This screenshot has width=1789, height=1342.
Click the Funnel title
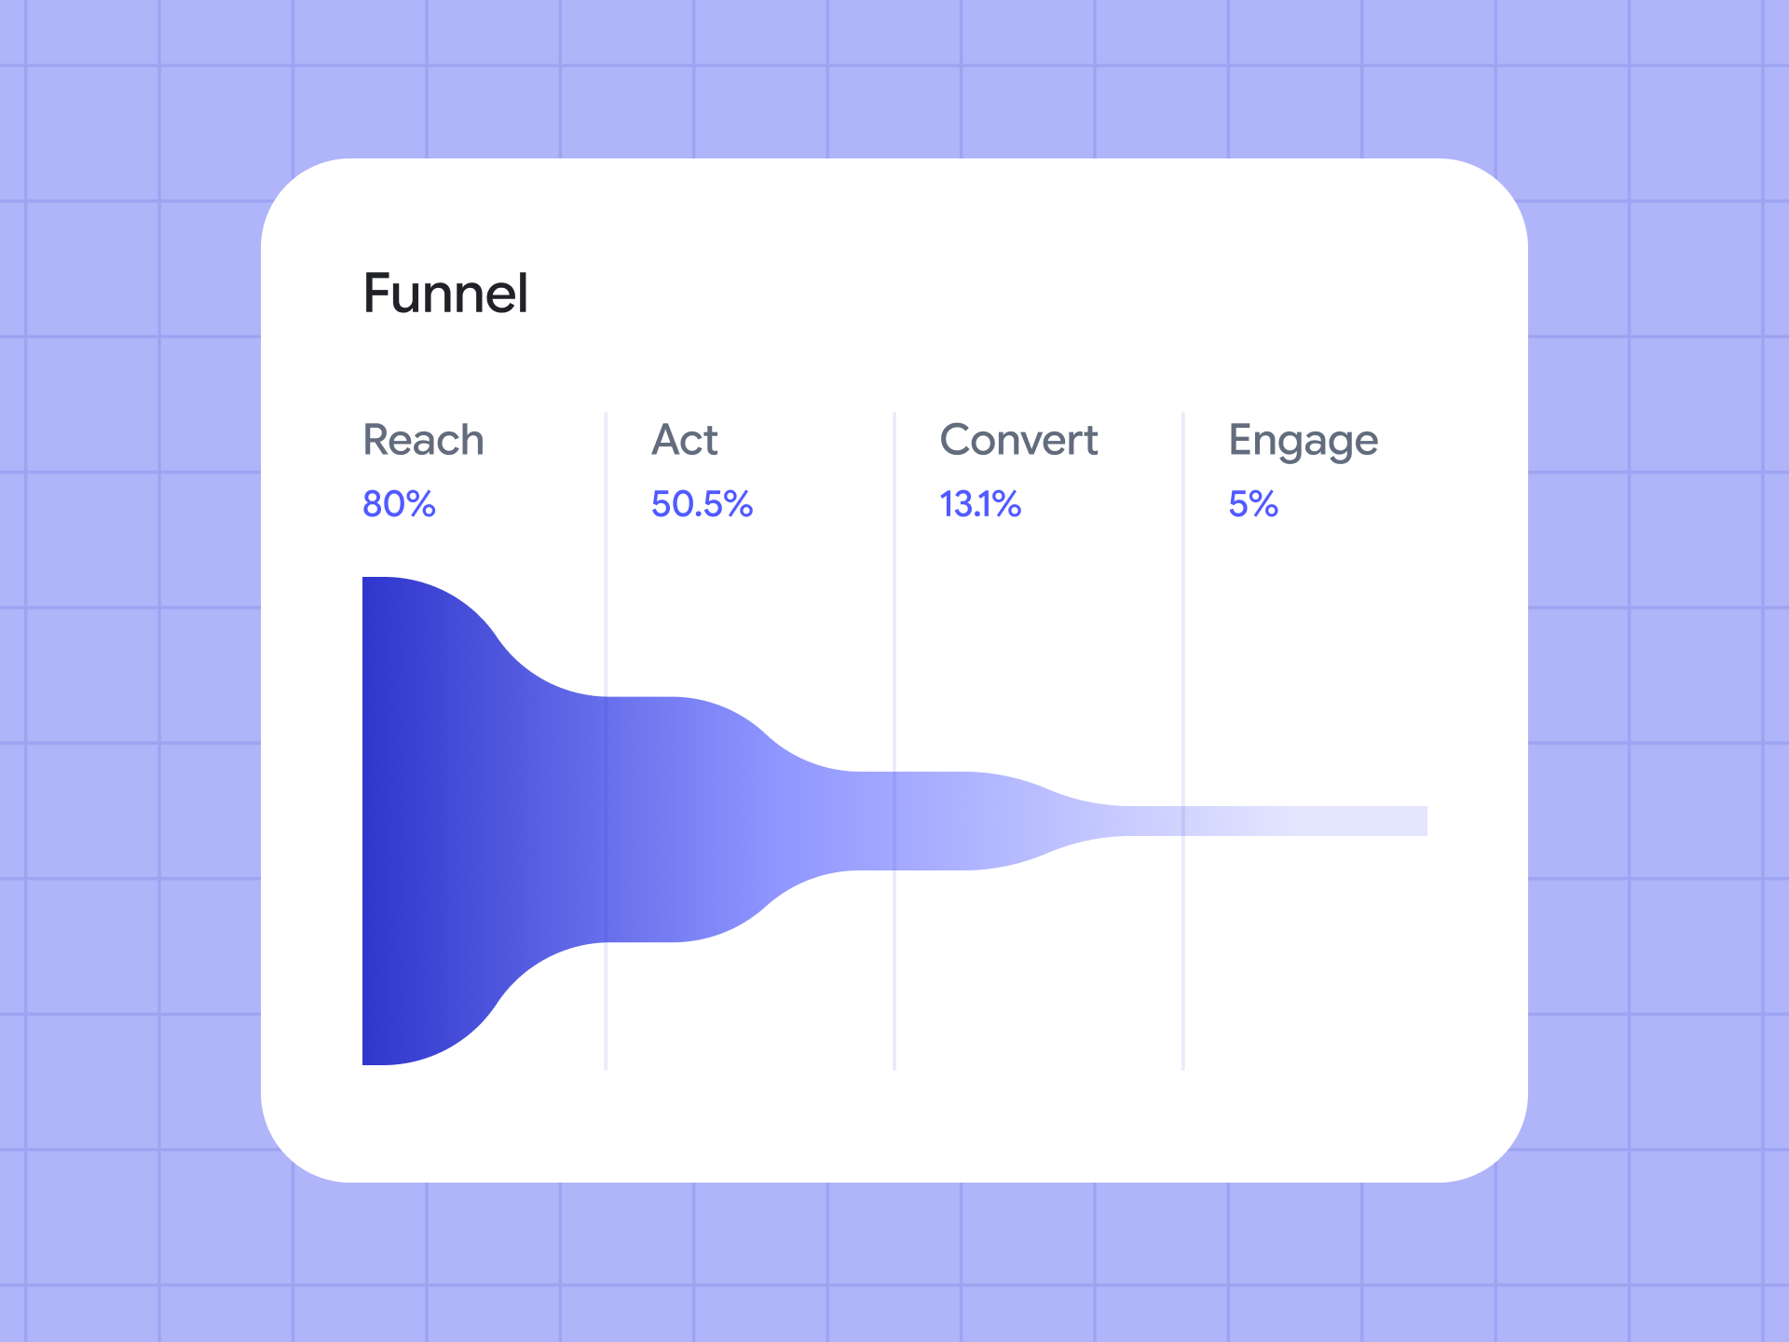pos(445,294)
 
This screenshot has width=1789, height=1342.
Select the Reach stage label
pos(423,440)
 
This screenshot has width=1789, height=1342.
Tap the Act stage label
pos(685,440)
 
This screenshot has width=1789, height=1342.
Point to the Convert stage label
pos(1018,440)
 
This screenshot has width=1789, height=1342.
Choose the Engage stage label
pos(1303,442)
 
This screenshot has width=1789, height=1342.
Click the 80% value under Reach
pos(399,504)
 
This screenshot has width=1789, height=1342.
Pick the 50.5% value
pos(702,504)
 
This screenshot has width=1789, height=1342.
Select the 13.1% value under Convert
pos(980,504)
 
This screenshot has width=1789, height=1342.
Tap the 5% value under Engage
pos(1253,504)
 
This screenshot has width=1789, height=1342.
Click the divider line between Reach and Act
pos(606,741)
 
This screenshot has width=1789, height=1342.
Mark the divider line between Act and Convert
pos(894,741)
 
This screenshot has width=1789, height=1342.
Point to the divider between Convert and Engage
pos(1183,741)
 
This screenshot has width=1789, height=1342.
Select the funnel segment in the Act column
pos(727,820)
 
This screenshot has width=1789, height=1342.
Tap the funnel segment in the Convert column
pos(1006,821)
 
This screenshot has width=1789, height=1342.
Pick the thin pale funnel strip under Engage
pos(1304,821)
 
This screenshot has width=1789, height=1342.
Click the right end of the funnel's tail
pos(1427,821)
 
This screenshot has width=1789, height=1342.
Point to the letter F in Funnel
pos(378,294)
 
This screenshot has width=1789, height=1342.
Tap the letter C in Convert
pos(958,440)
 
